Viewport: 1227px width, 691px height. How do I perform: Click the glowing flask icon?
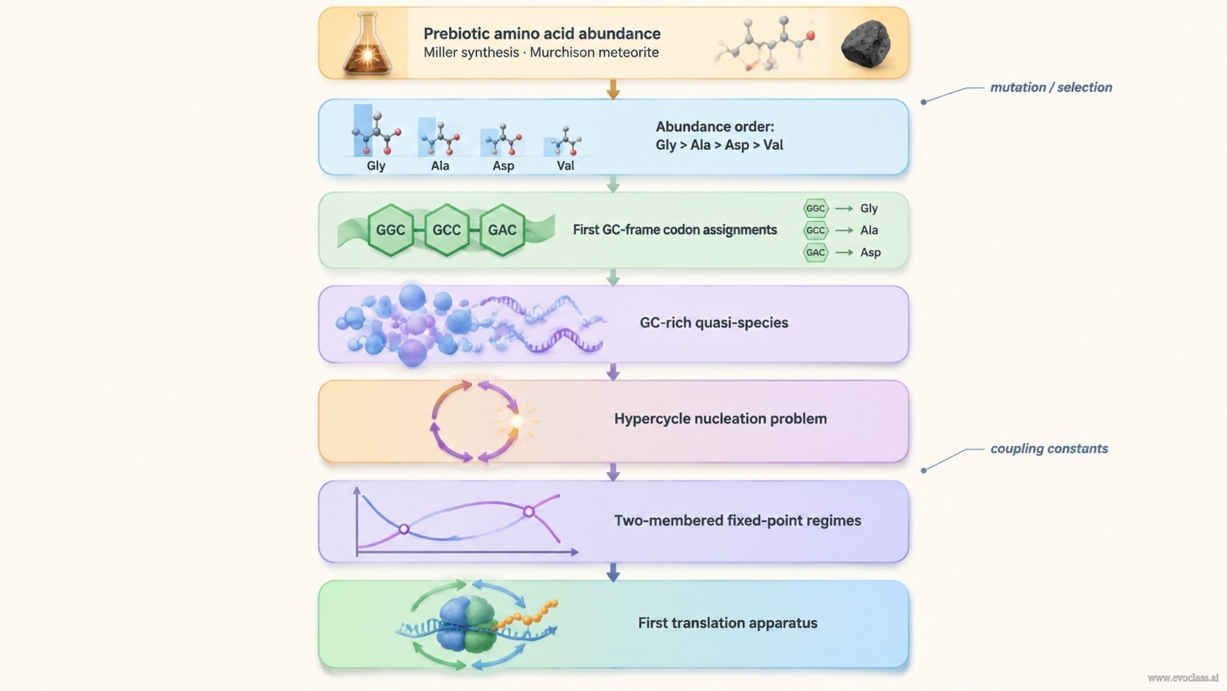point(367,43)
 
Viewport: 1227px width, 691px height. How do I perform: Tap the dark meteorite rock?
point(865,44)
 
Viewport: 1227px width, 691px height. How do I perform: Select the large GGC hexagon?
point(390,230)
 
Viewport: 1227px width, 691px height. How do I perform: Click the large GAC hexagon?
point(502,230)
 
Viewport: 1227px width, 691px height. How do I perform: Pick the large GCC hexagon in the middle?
point(446,230)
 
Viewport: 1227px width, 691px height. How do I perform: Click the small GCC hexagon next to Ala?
point(815,231)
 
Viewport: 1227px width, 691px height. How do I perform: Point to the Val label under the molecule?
point(565,165)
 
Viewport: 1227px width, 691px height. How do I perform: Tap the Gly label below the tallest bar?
point(376,165)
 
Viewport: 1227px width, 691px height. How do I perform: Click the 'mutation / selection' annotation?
point(1051,87)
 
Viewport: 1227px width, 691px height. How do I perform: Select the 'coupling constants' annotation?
point(1049,448)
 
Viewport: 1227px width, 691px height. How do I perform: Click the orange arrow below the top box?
point(613,90)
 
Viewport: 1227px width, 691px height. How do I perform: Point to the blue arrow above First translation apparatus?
point(613,572)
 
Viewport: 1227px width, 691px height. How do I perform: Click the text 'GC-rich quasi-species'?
point(714,323)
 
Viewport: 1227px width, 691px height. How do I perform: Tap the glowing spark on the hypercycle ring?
point(516,421)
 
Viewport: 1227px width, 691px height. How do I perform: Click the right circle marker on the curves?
point(528,512)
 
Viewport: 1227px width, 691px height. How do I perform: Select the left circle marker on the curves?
point(404,529)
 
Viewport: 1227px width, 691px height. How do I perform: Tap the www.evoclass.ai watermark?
point(1183,678)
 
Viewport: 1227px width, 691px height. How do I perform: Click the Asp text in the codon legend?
point(870,253)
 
